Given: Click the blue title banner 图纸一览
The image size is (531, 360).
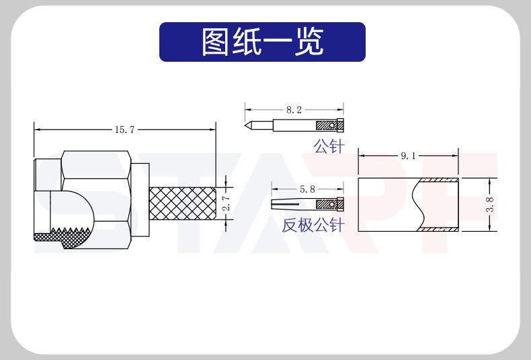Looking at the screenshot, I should [262, 42].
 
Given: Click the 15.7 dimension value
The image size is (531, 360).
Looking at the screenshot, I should [124, 130].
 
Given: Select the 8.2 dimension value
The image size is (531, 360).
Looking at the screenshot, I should [294, 109].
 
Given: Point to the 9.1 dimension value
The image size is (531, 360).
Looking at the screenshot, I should [409, 156].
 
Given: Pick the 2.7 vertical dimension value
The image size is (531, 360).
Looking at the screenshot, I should [226, 203].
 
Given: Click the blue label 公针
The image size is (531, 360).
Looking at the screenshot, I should [328, 146].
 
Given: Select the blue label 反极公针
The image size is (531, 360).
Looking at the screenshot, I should [313, 225].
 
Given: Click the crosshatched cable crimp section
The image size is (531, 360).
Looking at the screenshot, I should [181, 204].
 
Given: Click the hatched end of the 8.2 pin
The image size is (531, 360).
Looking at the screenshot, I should [328, 125].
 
